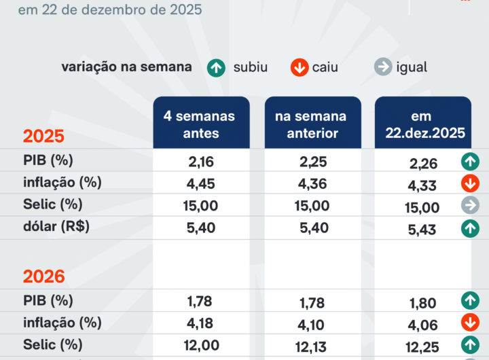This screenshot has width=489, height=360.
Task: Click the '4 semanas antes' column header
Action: (201, 124)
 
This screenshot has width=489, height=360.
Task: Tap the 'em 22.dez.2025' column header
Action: (423, 124)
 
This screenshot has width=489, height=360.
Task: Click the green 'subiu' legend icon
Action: (217, 67)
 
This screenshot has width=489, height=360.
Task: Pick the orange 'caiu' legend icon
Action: (299, 67)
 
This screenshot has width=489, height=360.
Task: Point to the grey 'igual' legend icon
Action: (383, 67)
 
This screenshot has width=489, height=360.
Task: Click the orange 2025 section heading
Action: (43, 136)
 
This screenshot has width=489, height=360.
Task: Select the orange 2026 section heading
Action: (44, 276)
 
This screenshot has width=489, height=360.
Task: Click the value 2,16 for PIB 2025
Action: (200, 162)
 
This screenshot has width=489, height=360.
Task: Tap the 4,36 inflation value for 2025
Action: (312, 183)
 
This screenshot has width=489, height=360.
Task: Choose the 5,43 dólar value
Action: (422, 230)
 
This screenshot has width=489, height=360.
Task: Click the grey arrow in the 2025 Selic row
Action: (469, 206)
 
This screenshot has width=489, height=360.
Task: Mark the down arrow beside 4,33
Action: (469, 183)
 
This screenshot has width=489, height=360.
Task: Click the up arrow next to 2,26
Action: (469, 162)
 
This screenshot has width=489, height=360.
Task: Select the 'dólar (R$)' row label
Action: (56, 227)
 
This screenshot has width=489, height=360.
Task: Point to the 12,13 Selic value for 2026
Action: (312, 347)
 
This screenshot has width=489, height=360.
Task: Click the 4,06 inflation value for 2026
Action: (422, 325)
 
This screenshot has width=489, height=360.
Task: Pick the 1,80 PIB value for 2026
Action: (422, 302)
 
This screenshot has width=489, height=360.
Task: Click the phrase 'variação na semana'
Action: (126, 67)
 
